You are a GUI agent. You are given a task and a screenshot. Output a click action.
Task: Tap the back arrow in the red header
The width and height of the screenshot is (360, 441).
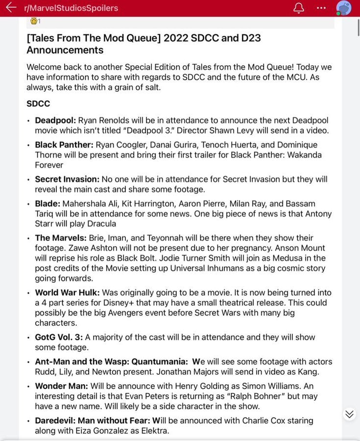click(11, 8)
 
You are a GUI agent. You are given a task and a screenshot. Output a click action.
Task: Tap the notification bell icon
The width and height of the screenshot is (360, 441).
click(298, 8)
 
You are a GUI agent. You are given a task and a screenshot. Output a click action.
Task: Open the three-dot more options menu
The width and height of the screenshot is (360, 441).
click(321, 8)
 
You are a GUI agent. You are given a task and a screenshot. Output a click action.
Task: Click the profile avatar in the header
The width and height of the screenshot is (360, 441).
click(344, 8)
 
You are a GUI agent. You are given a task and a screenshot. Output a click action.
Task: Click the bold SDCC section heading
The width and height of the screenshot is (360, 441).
click(38, 104)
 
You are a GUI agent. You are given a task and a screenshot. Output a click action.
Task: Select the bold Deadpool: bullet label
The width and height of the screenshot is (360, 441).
click(55, 121)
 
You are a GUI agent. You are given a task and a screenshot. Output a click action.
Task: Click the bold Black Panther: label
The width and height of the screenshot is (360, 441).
click(64, 145)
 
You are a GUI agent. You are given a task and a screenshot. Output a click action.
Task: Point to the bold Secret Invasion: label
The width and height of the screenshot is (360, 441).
click(67, 179)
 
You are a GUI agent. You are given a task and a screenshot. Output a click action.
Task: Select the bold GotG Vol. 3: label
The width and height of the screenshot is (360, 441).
click(59, 337)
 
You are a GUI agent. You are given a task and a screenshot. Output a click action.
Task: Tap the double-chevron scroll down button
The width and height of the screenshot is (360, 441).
click(349, 414)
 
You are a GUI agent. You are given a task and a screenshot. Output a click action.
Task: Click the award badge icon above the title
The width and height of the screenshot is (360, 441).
click(34, 21)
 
